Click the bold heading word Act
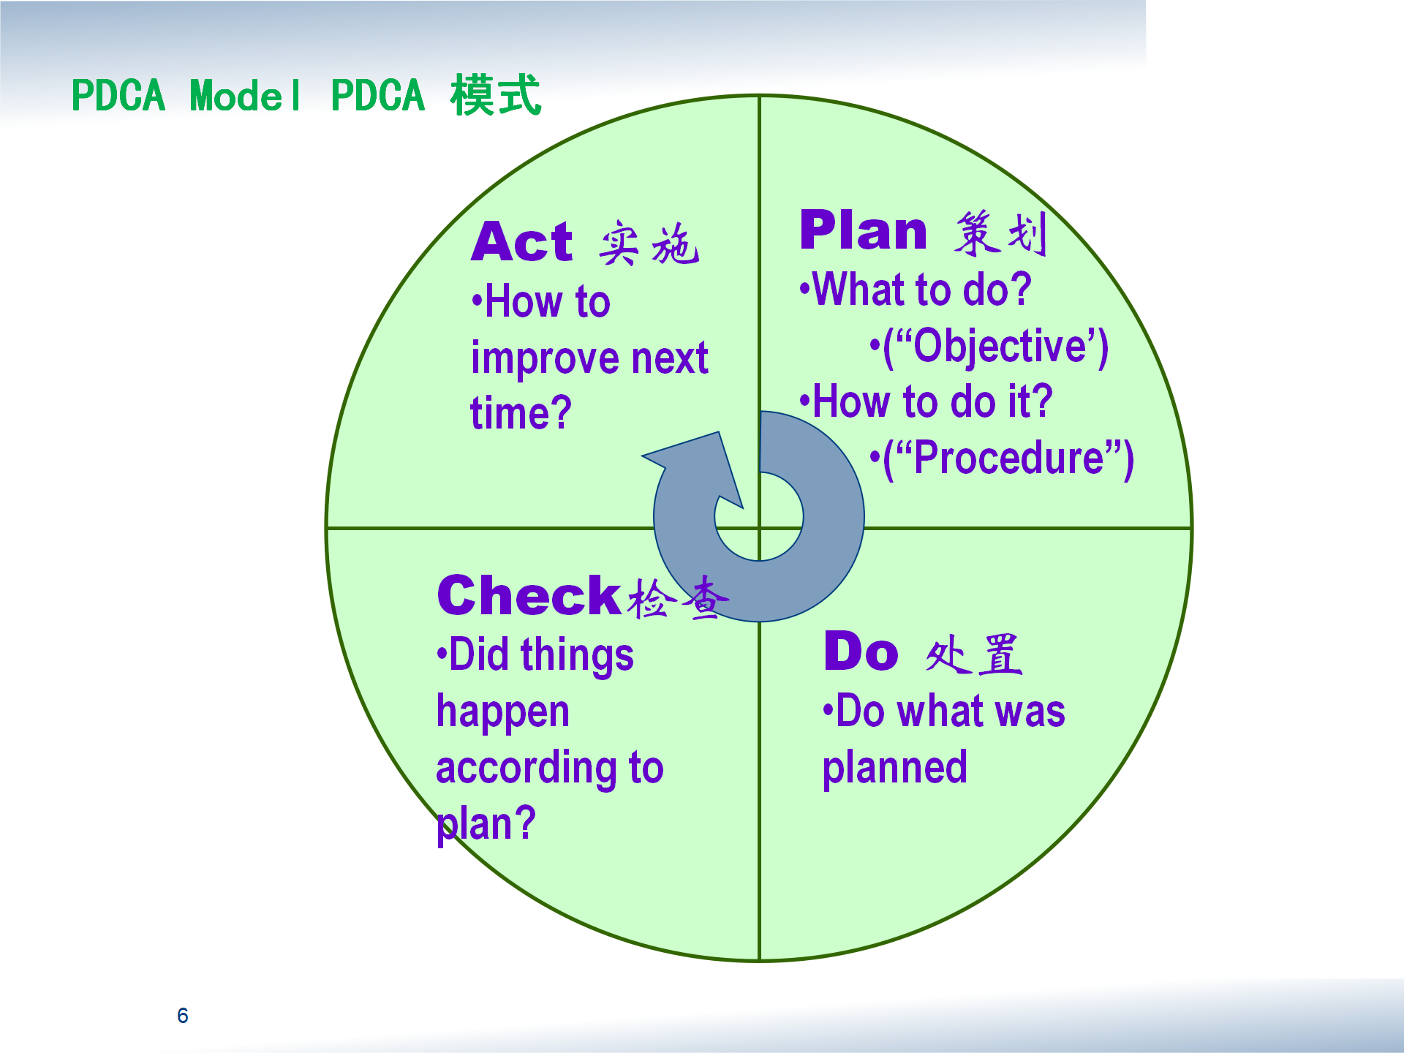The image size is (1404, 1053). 521,242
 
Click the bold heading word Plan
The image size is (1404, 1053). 864,230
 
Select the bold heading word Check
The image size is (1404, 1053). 529,595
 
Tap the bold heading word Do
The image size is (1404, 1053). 861,651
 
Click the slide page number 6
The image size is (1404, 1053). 183,1015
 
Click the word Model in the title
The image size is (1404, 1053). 245,96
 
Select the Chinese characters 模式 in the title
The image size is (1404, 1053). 496,95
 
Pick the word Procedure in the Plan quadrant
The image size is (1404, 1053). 1009,458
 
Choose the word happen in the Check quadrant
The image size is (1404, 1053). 503,712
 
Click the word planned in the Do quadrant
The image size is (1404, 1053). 895,769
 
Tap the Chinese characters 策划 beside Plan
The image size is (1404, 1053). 1001,233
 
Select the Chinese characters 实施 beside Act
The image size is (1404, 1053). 649,243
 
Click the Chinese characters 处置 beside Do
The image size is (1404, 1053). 973,654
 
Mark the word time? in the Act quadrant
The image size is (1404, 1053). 521,413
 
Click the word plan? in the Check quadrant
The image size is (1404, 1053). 486,825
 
